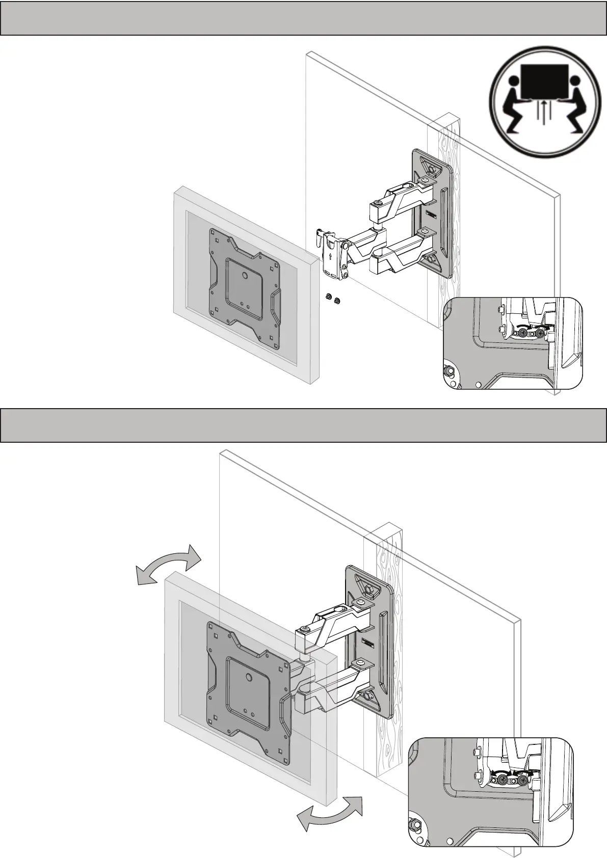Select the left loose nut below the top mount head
(x=329, y=297)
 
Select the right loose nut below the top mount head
(x=337, y=301)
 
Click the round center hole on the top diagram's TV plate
(x=245, y=276)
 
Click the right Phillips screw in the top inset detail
(x=539, y=333)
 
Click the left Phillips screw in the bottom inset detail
(x=504, y=779)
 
